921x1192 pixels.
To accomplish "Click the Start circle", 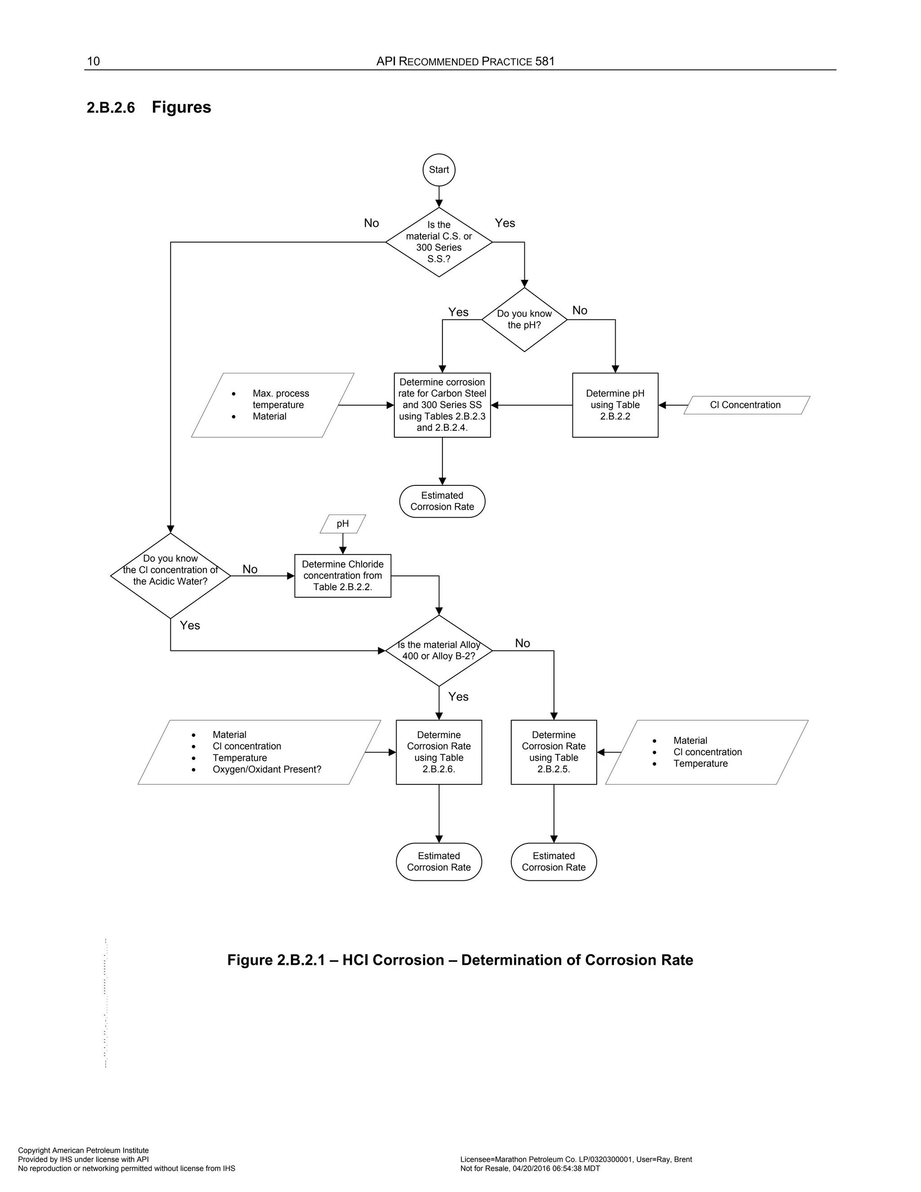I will click(x=438, y=170).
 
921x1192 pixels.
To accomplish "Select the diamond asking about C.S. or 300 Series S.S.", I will click(x=438, y=242).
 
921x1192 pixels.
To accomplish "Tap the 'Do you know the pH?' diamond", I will click(x=524, y=319).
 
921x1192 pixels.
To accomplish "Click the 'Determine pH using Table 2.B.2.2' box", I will click(x=615, y=405).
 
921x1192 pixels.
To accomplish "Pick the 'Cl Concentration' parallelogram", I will click(x=746, y=405).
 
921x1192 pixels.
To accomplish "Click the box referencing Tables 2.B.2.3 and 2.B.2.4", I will click(x=442, y=405).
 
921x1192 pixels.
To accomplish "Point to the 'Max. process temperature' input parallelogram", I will click(x=273, y=405).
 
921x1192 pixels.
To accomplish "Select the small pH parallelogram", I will click(x=343, y=524).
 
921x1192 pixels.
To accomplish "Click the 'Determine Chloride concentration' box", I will click(x=343, y=576).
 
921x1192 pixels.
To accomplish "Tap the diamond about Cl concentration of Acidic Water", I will click(x=170, y=575).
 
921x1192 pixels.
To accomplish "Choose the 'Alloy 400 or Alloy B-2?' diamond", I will click(x=438, y=650).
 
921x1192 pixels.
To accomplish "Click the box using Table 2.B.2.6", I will click(x=438, y=752).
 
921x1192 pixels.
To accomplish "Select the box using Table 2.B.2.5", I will click(x=553, y=752).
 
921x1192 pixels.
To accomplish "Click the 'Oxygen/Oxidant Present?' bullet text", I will click(x=267, y=770).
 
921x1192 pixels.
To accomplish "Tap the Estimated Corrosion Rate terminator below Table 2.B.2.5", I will click(x=553, y=862).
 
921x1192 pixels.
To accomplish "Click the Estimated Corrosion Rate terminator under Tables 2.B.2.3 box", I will click(x=442, y=501).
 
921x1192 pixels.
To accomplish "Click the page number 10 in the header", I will click(x=93, y=61).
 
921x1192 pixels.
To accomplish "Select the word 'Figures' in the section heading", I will click(x=181, y=107).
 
